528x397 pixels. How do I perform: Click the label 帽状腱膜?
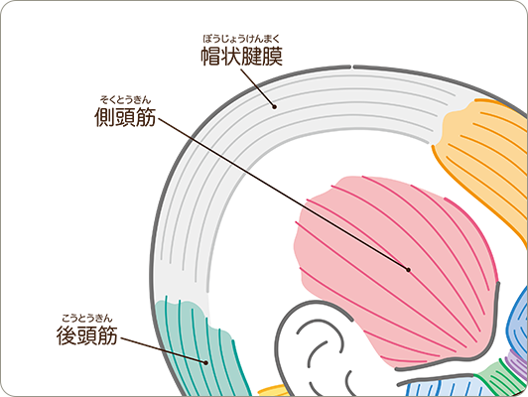242,57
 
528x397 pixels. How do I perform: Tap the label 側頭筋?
125,117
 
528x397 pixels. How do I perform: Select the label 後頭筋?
87,335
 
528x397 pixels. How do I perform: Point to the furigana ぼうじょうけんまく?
242,39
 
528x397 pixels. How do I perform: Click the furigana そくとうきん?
125,99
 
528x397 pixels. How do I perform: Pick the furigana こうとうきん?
87,318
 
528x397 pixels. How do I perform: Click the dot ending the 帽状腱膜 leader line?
275,107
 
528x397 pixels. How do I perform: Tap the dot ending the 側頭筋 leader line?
409,270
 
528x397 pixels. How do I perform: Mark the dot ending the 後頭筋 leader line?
205,362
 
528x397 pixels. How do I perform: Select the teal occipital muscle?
202,346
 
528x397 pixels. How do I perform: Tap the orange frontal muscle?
485,158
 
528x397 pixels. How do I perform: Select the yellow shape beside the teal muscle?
272,390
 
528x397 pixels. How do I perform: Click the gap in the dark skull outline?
352,66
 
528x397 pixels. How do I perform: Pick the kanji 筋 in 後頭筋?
107,335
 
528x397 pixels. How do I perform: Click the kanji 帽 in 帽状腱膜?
211,57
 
